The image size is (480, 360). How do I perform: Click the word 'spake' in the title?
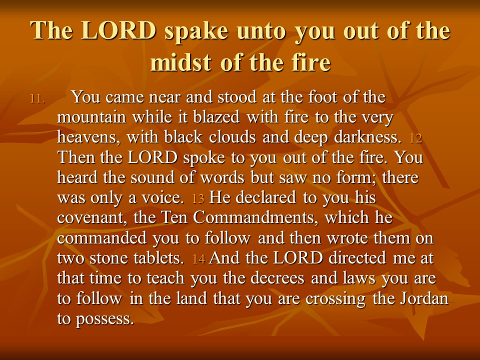(196, 32)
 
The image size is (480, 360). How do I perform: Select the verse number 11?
(37, 99)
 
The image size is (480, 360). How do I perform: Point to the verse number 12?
(415, 138)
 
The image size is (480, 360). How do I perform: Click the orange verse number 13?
(198, 199)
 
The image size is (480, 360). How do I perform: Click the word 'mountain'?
(91, 117)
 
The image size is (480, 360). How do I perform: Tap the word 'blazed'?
(216, 116)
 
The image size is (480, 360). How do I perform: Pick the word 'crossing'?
(335, 299)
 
